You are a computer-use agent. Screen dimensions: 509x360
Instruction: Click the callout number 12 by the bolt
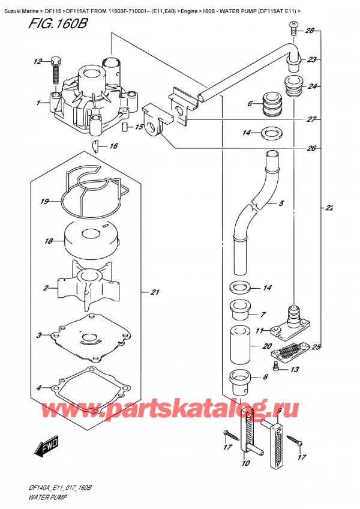pyautogui.click(x=38, y=61)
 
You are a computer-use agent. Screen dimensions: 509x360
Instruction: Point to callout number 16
pyautogui.click(x=113, y=146)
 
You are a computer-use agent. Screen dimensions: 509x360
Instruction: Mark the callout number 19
pyautogui.click(x=44, y=202)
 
